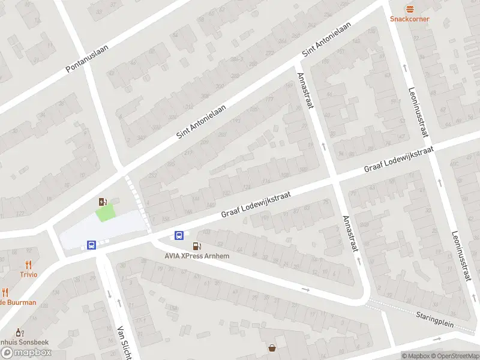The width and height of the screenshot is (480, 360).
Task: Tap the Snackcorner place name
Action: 410,19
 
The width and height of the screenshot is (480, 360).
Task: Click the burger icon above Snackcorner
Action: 410,9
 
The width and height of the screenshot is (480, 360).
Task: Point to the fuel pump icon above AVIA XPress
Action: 196,246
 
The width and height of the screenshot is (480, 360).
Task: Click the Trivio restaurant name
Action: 28,274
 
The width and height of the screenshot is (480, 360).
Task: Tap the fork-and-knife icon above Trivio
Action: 28,265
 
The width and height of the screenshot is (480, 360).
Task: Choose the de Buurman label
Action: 18,302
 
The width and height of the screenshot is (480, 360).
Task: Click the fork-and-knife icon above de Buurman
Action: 5,293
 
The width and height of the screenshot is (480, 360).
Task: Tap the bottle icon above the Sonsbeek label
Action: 19,332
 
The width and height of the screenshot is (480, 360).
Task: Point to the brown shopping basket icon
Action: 272,347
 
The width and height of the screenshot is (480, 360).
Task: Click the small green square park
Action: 105,212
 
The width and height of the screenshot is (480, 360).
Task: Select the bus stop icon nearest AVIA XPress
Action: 179,235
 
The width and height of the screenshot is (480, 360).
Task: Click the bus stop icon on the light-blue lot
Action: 91,245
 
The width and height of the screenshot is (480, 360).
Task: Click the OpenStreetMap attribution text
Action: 453,356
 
